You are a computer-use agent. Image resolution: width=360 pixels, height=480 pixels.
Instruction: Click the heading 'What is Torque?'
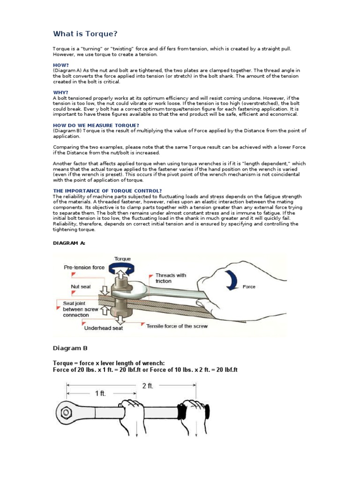coord(85,34)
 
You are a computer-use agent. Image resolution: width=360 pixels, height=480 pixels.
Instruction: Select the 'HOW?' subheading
coord(61,65)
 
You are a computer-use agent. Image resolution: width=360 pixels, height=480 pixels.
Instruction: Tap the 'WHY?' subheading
coord(60,92)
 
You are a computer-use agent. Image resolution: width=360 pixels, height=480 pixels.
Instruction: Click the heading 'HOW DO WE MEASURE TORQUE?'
coord(96,125)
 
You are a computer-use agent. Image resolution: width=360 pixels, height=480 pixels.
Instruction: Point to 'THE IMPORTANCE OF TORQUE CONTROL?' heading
coord(107,191)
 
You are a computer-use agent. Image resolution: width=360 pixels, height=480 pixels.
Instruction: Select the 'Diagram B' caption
coord(70,348)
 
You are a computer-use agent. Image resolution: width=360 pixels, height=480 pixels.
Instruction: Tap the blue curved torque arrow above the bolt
coord(122,267)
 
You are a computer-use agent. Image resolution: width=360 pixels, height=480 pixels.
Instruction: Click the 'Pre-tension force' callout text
coord(84,268)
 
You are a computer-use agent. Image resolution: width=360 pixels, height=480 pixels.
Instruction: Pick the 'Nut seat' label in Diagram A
coord(81,286)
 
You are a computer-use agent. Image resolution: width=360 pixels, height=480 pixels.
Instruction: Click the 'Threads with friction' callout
coord(171,278)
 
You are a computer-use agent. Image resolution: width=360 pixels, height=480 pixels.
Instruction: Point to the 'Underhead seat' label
coord(103,328)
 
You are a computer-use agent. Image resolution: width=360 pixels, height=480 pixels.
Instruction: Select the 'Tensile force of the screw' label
coord(177,326)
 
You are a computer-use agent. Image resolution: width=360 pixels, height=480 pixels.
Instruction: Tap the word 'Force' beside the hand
coord(249,287)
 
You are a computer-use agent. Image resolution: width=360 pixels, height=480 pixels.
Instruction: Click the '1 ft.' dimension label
coord(100,394)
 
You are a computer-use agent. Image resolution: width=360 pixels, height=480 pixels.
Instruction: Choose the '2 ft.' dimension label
coord(148,386)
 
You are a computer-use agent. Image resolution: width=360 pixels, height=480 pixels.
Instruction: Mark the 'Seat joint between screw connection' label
coord(81,309)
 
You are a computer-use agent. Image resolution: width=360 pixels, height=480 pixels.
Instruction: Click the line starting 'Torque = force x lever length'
coord(109,363)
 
